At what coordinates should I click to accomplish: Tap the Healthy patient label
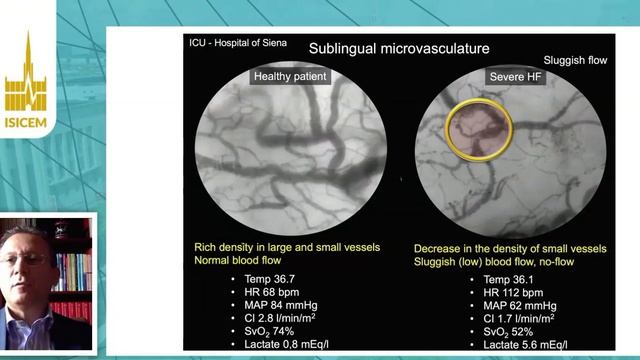pyautogui.click(x=290, y=77)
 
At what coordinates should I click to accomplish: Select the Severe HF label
pyautogui.click(x=515, y=77)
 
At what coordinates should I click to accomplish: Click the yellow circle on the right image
pyautogui.click(x=478, y=129)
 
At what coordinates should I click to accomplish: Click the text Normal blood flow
pyautogui.click(x=251, y=260)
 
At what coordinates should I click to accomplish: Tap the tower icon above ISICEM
pyautogui.click(x=26, y=75)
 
